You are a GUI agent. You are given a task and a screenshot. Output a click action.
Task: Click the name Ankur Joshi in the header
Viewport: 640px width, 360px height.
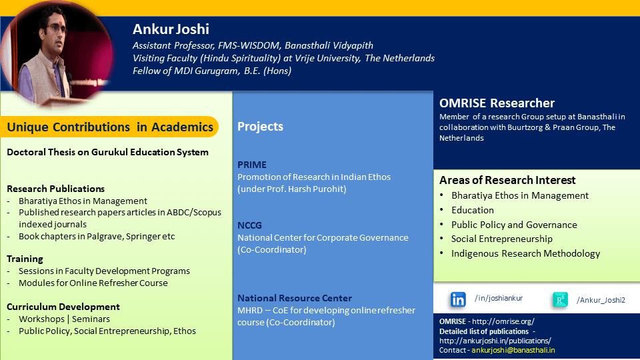coord(171,29)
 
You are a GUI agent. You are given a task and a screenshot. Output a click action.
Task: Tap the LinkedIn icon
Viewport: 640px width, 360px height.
coord(457,299)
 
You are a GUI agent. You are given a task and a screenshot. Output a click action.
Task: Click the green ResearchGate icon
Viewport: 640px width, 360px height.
coord(559,299)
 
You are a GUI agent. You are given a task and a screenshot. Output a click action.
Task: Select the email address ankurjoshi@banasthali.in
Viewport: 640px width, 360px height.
coord(513,350)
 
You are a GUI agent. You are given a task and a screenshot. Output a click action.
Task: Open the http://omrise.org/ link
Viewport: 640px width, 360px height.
coord(503,321)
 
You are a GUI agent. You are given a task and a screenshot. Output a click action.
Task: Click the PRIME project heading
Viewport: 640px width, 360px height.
coord(252,165)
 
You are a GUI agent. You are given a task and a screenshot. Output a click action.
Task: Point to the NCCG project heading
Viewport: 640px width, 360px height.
coord(250,225)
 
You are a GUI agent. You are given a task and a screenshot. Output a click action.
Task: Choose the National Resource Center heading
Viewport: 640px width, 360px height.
coord(295,298)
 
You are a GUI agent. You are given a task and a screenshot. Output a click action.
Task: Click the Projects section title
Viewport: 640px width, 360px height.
coord(261,127)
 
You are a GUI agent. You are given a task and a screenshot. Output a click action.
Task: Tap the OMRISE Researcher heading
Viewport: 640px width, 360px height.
coord(497,103)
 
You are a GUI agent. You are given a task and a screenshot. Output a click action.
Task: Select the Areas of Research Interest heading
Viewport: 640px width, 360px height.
coord(507,180)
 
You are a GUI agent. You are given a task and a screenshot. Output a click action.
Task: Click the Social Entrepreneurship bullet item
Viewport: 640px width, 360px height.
coord(501,239)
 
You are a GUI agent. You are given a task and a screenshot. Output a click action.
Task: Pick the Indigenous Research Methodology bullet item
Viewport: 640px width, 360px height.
coord(526,253)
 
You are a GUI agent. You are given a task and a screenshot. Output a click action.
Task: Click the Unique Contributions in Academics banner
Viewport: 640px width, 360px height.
coord(110,127)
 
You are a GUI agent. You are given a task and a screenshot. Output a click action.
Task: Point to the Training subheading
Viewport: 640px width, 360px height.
coord(25,259)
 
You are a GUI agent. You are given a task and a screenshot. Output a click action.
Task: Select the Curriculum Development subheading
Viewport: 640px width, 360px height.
coord(63,307)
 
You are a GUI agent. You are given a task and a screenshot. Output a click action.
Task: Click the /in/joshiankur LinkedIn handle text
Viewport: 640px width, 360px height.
coord(499,299)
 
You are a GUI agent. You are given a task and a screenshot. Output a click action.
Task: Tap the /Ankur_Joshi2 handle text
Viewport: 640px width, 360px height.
coord(601,300)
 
